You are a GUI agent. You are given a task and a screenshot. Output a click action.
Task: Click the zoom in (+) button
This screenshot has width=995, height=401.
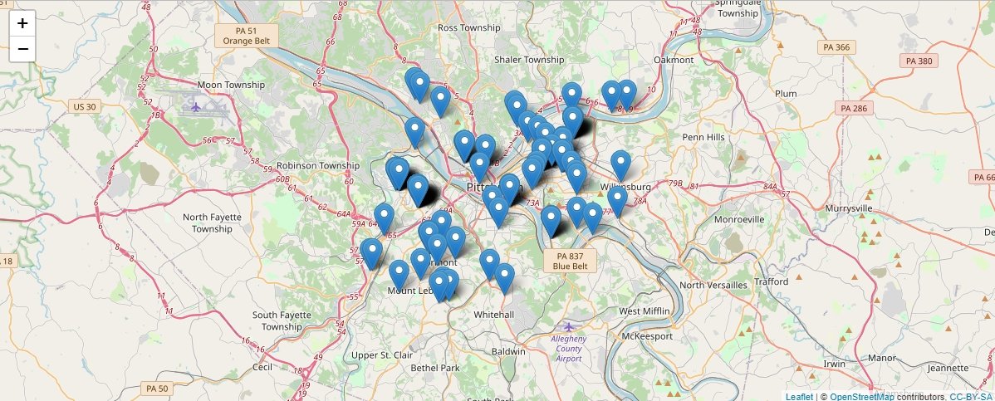click(22, 23)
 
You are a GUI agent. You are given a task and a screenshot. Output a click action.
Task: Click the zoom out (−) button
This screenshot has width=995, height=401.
click(22, 49)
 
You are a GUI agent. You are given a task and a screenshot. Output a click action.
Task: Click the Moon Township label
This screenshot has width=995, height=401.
click(230, 85)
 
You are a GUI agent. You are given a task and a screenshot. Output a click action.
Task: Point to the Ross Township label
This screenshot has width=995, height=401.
click(468, 27)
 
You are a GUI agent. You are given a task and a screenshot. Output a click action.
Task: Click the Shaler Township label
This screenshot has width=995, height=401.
click(529, 60)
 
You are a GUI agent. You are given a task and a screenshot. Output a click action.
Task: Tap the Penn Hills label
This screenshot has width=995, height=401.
click(703, 136)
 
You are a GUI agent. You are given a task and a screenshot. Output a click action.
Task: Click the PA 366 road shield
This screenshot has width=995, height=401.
click(836, 47)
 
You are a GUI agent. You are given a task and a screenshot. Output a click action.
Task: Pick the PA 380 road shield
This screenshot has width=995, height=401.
click(919, 61)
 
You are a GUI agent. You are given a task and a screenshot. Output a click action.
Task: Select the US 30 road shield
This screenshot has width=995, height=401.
click(85, 106)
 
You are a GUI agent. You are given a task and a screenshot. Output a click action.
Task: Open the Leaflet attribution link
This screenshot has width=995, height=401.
click(799, 396)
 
